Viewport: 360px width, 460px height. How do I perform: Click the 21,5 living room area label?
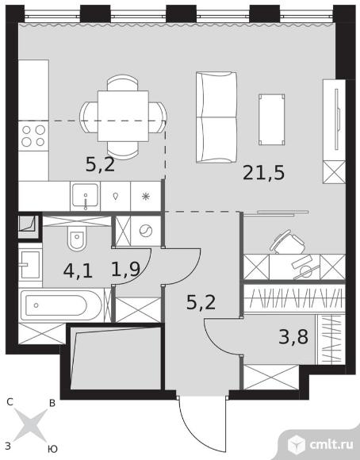(x=264, y=173)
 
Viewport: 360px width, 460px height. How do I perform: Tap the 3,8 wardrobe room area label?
(x=293, y=337)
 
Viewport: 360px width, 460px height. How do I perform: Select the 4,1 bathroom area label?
(x=78, y=270)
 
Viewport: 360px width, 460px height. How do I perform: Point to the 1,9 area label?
(x=126, y=269)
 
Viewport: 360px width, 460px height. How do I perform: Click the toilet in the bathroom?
(x=78, y=238)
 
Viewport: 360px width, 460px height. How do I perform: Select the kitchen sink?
(x=85, y=196)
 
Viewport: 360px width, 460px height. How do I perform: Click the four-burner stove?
(x=33, y=136)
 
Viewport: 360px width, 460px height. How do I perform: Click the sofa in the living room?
(x=216, y=117)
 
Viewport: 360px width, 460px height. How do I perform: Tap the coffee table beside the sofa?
(x=272, y=120)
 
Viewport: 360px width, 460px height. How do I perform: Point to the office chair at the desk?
(x=287, y=243)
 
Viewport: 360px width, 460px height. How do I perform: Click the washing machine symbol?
(x=146, y=231)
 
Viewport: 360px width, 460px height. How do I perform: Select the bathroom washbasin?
(x=30, y=265)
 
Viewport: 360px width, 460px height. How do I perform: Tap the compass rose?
(x=30, y=425)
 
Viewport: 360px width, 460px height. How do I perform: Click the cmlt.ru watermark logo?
(x=320, y=445)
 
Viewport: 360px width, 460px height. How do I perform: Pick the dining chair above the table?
(x=122, y=83)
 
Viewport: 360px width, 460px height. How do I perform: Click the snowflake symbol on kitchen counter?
(x=146, y=196)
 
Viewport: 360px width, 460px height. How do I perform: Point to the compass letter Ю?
(x=52, y=449)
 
